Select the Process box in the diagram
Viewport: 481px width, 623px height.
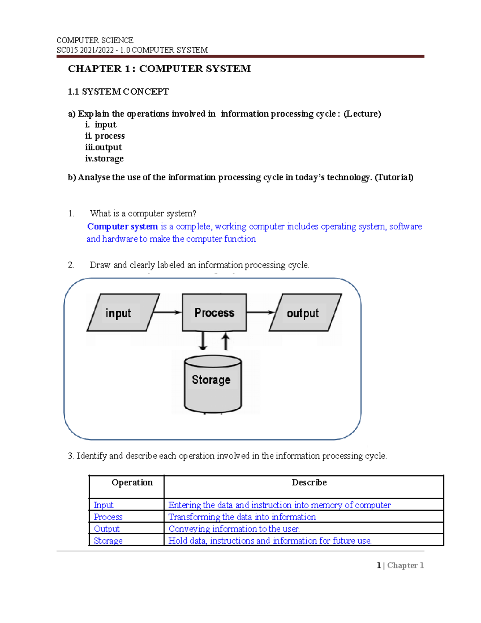[214, 313]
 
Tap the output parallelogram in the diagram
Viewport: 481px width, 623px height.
[305, 313]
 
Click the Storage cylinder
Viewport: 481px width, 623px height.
[212, 384]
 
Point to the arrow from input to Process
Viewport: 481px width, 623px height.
[167, 312]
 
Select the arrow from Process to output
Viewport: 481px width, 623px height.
[261, 312]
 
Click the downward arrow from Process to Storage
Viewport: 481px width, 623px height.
[203, 341]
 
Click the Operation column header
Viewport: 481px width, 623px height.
[132, 483]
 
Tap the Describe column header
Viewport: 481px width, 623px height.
[309, 483]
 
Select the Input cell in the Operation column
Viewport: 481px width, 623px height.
[103, 505]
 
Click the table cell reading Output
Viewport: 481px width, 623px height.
[107, 529]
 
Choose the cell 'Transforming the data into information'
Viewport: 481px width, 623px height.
[242, 517]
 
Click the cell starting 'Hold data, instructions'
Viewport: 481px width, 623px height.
[270, 541]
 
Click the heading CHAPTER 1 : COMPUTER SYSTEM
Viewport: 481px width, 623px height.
[159, 69]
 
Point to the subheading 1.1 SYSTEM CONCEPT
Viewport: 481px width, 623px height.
[118, 91]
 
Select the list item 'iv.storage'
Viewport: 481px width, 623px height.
[104, 158]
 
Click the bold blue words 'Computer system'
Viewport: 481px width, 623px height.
[122, 227]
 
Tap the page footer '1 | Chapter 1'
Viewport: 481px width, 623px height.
[400, 565]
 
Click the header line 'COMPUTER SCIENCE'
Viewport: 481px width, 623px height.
[95, 40]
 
